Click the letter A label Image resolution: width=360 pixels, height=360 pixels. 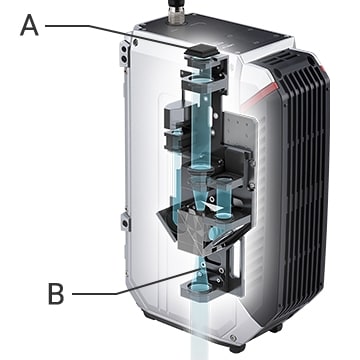(29, 26)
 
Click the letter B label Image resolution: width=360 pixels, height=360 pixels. (56, 294)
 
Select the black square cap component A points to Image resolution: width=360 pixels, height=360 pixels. (201, 51)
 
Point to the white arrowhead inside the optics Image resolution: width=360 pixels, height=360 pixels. (213, 206)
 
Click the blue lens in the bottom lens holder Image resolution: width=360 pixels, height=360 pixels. (199, 287)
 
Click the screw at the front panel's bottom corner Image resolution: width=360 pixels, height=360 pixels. (233, 339)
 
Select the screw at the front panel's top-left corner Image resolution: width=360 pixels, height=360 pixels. (135, 42)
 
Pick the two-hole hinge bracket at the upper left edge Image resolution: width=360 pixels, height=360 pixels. (124, 53)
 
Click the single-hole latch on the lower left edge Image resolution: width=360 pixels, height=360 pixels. (125, 222)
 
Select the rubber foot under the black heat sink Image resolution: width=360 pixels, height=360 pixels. (276, 328)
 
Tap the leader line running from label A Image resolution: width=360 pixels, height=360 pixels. (116, 35)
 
